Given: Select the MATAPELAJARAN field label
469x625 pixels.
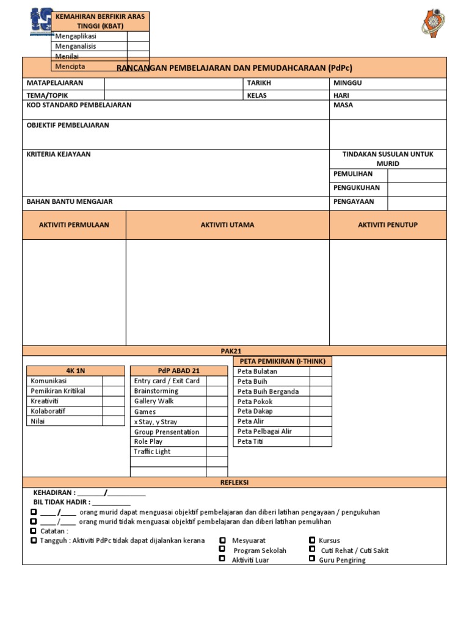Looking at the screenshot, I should (54, 83).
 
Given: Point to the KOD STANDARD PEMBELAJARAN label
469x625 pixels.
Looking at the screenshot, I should (79, 105).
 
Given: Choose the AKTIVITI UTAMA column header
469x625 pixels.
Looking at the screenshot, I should (227, 225).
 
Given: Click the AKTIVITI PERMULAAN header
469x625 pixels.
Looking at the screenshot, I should (74, 225).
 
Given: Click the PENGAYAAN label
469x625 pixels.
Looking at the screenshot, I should (354, 201).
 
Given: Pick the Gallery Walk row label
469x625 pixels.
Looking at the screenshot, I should (154, 402).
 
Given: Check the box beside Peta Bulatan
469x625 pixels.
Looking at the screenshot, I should (320, 372).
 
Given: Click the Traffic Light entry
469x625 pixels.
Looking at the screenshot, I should (152, 452).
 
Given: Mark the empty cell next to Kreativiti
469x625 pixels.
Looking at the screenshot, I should (112, 401).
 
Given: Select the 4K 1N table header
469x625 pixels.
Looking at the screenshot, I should (75, 370).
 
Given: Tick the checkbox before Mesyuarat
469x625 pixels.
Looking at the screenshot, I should (224, 541).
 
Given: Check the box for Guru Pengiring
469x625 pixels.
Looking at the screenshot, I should (312, 560).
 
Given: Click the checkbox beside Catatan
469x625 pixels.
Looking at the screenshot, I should (33, 531).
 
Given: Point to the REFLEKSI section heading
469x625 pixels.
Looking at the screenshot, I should (234, 483).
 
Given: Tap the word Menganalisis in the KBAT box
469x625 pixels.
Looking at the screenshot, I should (76, 46).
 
